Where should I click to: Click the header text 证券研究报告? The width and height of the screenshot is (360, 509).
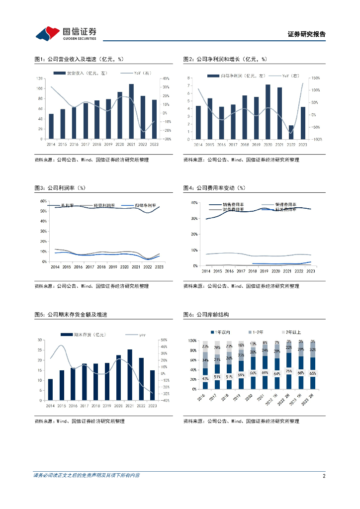pos(306,34)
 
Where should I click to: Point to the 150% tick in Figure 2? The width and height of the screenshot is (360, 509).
pos(314,78)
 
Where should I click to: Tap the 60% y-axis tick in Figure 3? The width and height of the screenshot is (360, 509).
pos(43,200)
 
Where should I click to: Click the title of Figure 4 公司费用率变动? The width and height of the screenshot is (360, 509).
pos(215,188)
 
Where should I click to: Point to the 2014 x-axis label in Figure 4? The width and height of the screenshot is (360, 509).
pos(205,271)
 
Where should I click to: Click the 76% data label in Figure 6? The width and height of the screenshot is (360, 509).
pos(289,371)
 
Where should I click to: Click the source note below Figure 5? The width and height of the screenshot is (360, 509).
pos(79,421)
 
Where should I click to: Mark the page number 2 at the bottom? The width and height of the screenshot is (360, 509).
pos(324,476)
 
